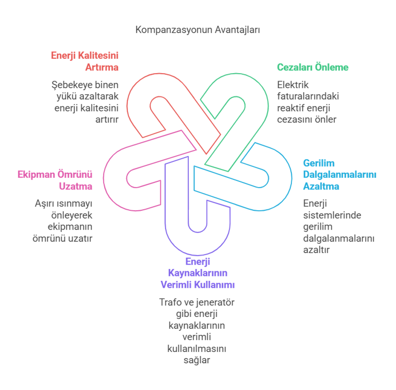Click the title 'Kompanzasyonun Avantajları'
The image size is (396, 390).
pyautogui.click(x=198, y=30)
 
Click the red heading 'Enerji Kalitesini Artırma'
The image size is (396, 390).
pyautogui.click(x=85, y=62)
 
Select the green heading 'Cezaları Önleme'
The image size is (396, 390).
pyautogui.click(x=312, y=67)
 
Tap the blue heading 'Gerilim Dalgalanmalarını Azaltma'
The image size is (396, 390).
pyautogui.click(x=339, y=174)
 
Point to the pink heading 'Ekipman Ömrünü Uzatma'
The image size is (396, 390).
pyautogui.click(x=55, y=180)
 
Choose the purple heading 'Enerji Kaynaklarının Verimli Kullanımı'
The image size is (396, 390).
pyautogui.click(x=198, y=273)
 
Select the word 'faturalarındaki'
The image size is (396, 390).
pyautogui.click(x=308, y=96)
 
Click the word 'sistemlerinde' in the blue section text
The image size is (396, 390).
pyautogui.click(x=326, y=215)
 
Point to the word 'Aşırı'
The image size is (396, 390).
pyautogui.click(x=44, y=204)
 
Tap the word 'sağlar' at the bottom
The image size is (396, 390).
pyautogui.click(x=198, y=360)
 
